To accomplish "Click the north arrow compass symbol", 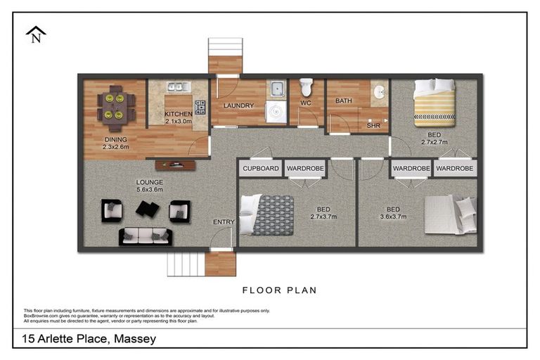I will (x=35, y=34).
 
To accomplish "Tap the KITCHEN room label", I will (x=178, y=114).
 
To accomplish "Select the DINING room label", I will (x=116, y=139).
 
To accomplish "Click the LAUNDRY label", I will (x=238, y=106).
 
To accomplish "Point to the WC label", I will (x=306, y=103).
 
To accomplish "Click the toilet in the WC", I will (x=306, y=88).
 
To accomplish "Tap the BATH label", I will (x=343, y=101).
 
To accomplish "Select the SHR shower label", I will (x=373, y=127).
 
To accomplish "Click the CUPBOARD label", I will (x=260, y=169).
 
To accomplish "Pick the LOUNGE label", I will (x=149, y=182).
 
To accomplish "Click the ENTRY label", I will (x=224, y=222).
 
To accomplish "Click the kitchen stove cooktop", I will (x=200, y=108).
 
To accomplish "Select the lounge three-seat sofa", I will (x=146, y=236).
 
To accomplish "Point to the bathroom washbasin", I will (x=379, y=92).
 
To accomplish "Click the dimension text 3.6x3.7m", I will (x=392, y=217).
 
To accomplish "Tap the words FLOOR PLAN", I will (x=279, y=290).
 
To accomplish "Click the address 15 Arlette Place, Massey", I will (x=89, y=339).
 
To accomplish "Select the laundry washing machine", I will (x=276, y=112).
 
